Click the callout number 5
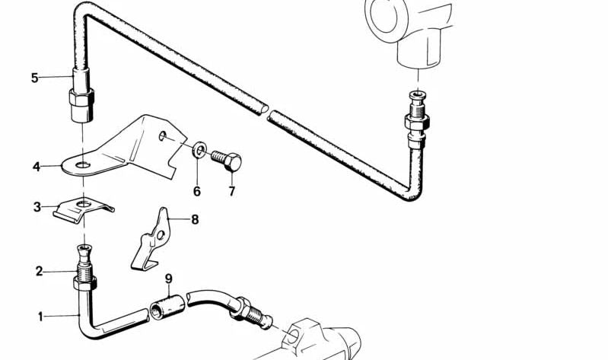(x=35, y=78)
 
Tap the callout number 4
(x=37, y=167)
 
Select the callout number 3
(x=37, y=207)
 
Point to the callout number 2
(x=39, y=271)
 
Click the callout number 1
(x=41, y=317)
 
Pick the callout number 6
(x=197, y=191)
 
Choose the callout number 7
(x=231, y=191)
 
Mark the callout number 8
(x=195, y=219)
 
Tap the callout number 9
(x=169, y=279)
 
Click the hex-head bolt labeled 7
(x=227, y=161)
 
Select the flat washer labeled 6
(x=199, y=150)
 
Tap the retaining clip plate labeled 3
(x=83, y=211)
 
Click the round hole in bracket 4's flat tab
(x=83, y=165)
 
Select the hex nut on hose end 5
(x=81, y=97)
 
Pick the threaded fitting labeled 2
(x=84, y=268)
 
